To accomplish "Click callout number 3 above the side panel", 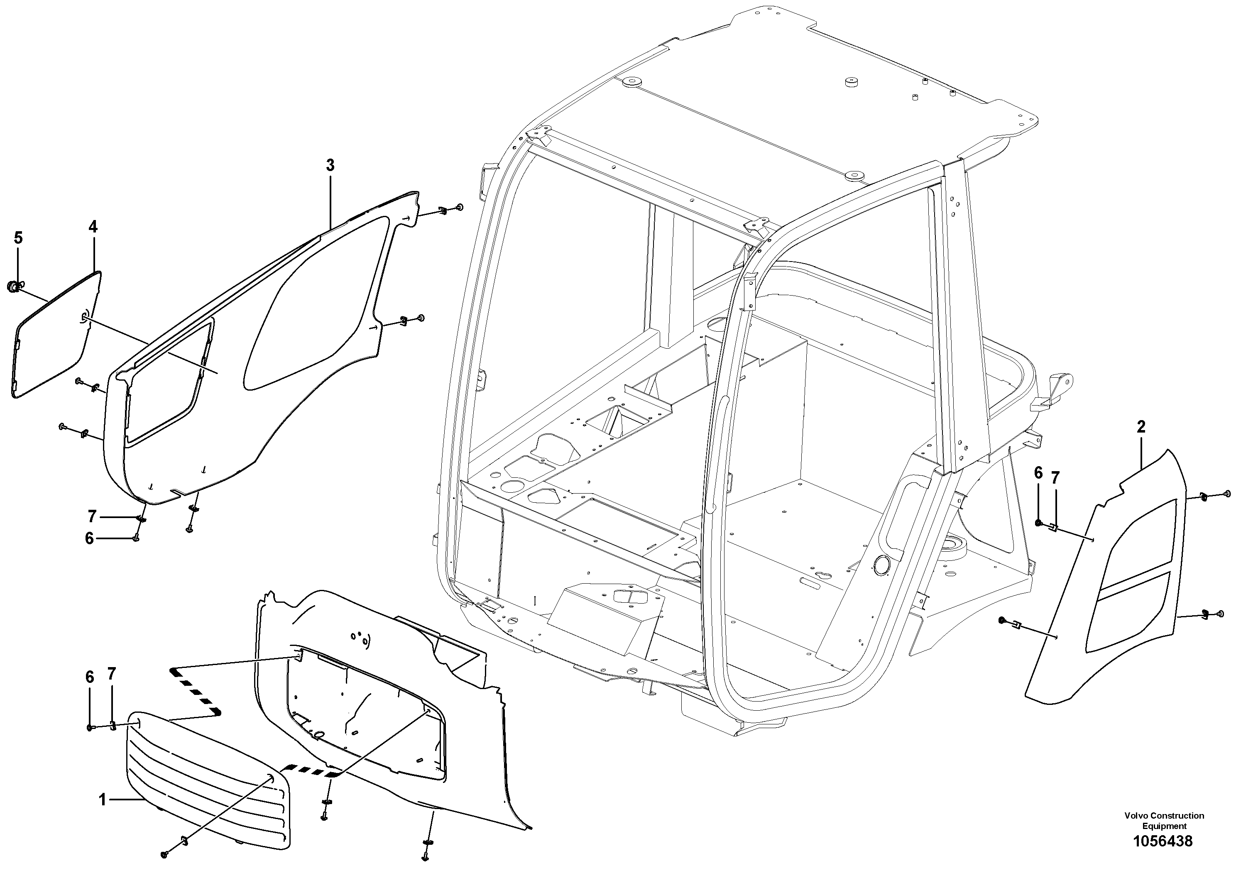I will pos(330,165).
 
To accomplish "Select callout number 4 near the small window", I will pos(93,227).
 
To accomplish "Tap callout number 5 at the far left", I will pos(18,237).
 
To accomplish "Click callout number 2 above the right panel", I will pos(1141,427).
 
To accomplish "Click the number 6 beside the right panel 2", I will pos(1038,473).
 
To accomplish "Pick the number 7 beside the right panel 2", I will pos(1055,477).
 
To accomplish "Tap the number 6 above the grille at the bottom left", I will pos(90,677).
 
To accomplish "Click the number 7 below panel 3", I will pos(92,517).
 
